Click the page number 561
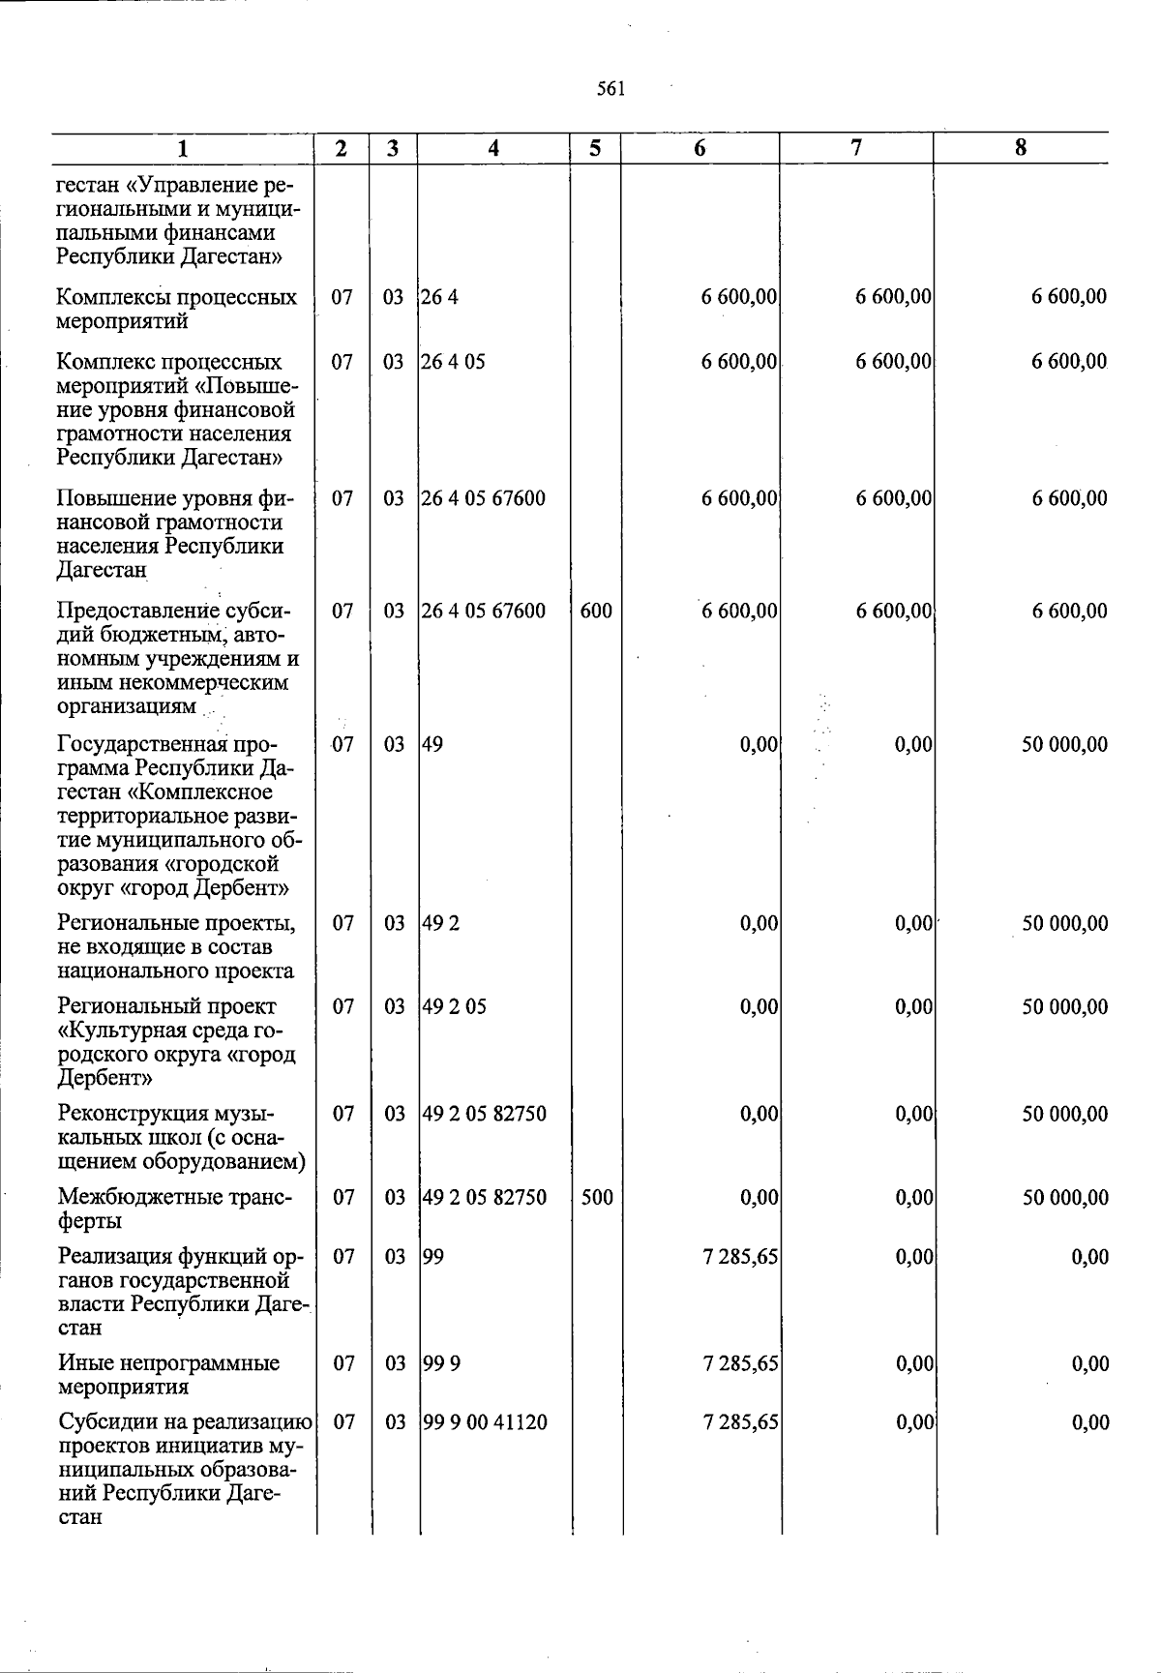(610, 89)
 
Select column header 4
(493, 148)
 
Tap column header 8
(1021, 148)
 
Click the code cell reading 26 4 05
(454, 362)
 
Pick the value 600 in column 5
(596, 611)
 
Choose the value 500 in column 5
(597, 1197)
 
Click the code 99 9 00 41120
(485, 1422)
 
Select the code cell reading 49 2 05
(455, 1006)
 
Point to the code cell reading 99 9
(441, 1363)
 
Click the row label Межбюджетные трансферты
(174, 1209)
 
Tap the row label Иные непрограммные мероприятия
(168, 1375)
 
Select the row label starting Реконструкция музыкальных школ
(182, 1137)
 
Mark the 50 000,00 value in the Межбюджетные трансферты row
(1065, 1197)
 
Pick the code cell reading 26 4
(440, 297)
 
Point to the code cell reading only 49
(432, 744)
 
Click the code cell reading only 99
(432, 1257)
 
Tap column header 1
(183, 148)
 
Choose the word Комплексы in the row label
(106, 297)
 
